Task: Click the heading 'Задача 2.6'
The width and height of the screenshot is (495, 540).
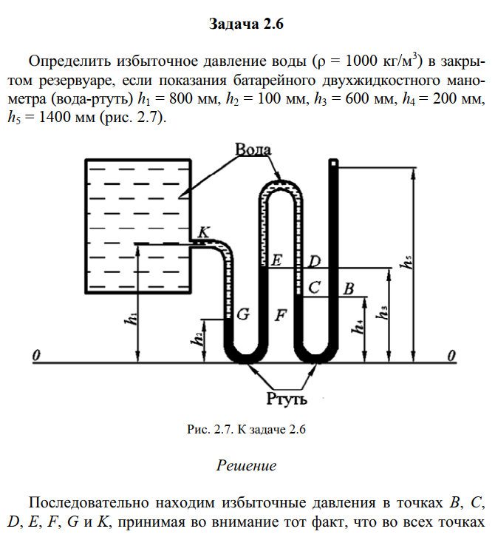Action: pyautogui.click(x=247, y=24)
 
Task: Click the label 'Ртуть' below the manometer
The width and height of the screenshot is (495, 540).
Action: pyautogui.click(x=287, y=399)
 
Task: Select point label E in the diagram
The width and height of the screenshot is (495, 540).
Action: pyautogui.click(x=276, y=260)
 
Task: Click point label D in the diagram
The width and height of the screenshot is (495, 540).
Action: pyautogui.click(x=314, y=261)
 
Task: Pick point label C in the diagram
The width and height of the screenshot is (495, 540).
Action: pyautogui.click(x=313, y=288)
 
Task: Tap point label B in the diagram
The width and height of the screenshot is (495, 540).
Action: pyautogui.click(x=349, y=288)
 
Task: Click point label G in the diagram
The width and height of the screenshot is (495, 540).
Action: pyautogui.click(x=242, y=314)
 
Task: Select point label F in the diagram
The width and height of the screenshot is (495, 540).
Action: pyautogui.click(x=281, y=314)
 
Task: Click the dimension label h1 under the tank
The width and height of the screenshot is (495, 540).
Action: pyautogui.click(x=131, y=320)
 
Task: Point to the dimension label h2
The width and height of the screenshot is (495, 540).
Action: pyautogui.click(x=197, y=340)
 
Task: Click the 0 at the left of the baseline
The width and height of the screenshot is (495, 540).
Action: pyautogui.click(x=35, y=357)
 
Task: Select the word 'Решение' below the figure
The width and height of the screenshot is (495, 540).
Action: pyautogui.click(x=247, y=466)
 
